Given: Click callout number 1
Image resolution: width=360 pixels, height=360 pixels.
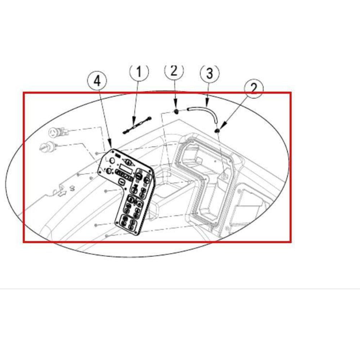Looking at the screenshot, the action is tap(139, 72).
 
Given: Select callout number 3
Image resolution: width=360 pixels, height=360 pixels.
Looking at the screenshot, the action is tap(210, 73).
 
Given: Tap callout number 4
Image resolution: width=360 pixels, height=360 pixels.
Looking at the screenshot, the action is tap(97, 81).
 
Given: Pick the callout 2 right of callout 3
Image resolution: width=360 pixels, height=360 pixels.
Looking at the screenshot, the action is tap(254, 89).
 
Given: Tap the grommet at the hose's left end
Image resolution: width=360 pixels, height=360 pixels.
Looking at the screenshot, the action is tap(176, 112).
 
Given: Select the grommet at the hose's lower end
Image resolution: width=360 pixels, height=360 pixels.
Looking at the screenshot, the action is tap(217, 130).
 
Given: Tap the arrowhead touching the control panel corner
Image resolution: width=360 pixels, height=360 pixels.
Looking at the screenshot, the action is tap(111, 145).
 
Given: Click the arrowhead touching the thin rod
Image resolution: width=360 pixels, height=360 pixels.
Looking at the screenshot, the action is tap(134, 121).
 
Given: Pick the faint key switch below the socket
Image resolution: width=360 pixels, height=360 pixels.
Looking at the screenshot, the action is tap(48, 146).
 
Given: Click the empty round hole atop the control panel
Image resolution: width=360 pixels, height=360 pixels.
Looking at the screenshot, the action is tap(112, 161).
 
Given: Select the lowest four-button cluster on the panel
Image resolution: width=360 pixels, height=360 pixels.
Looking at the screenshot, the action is tap(128, 222).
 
